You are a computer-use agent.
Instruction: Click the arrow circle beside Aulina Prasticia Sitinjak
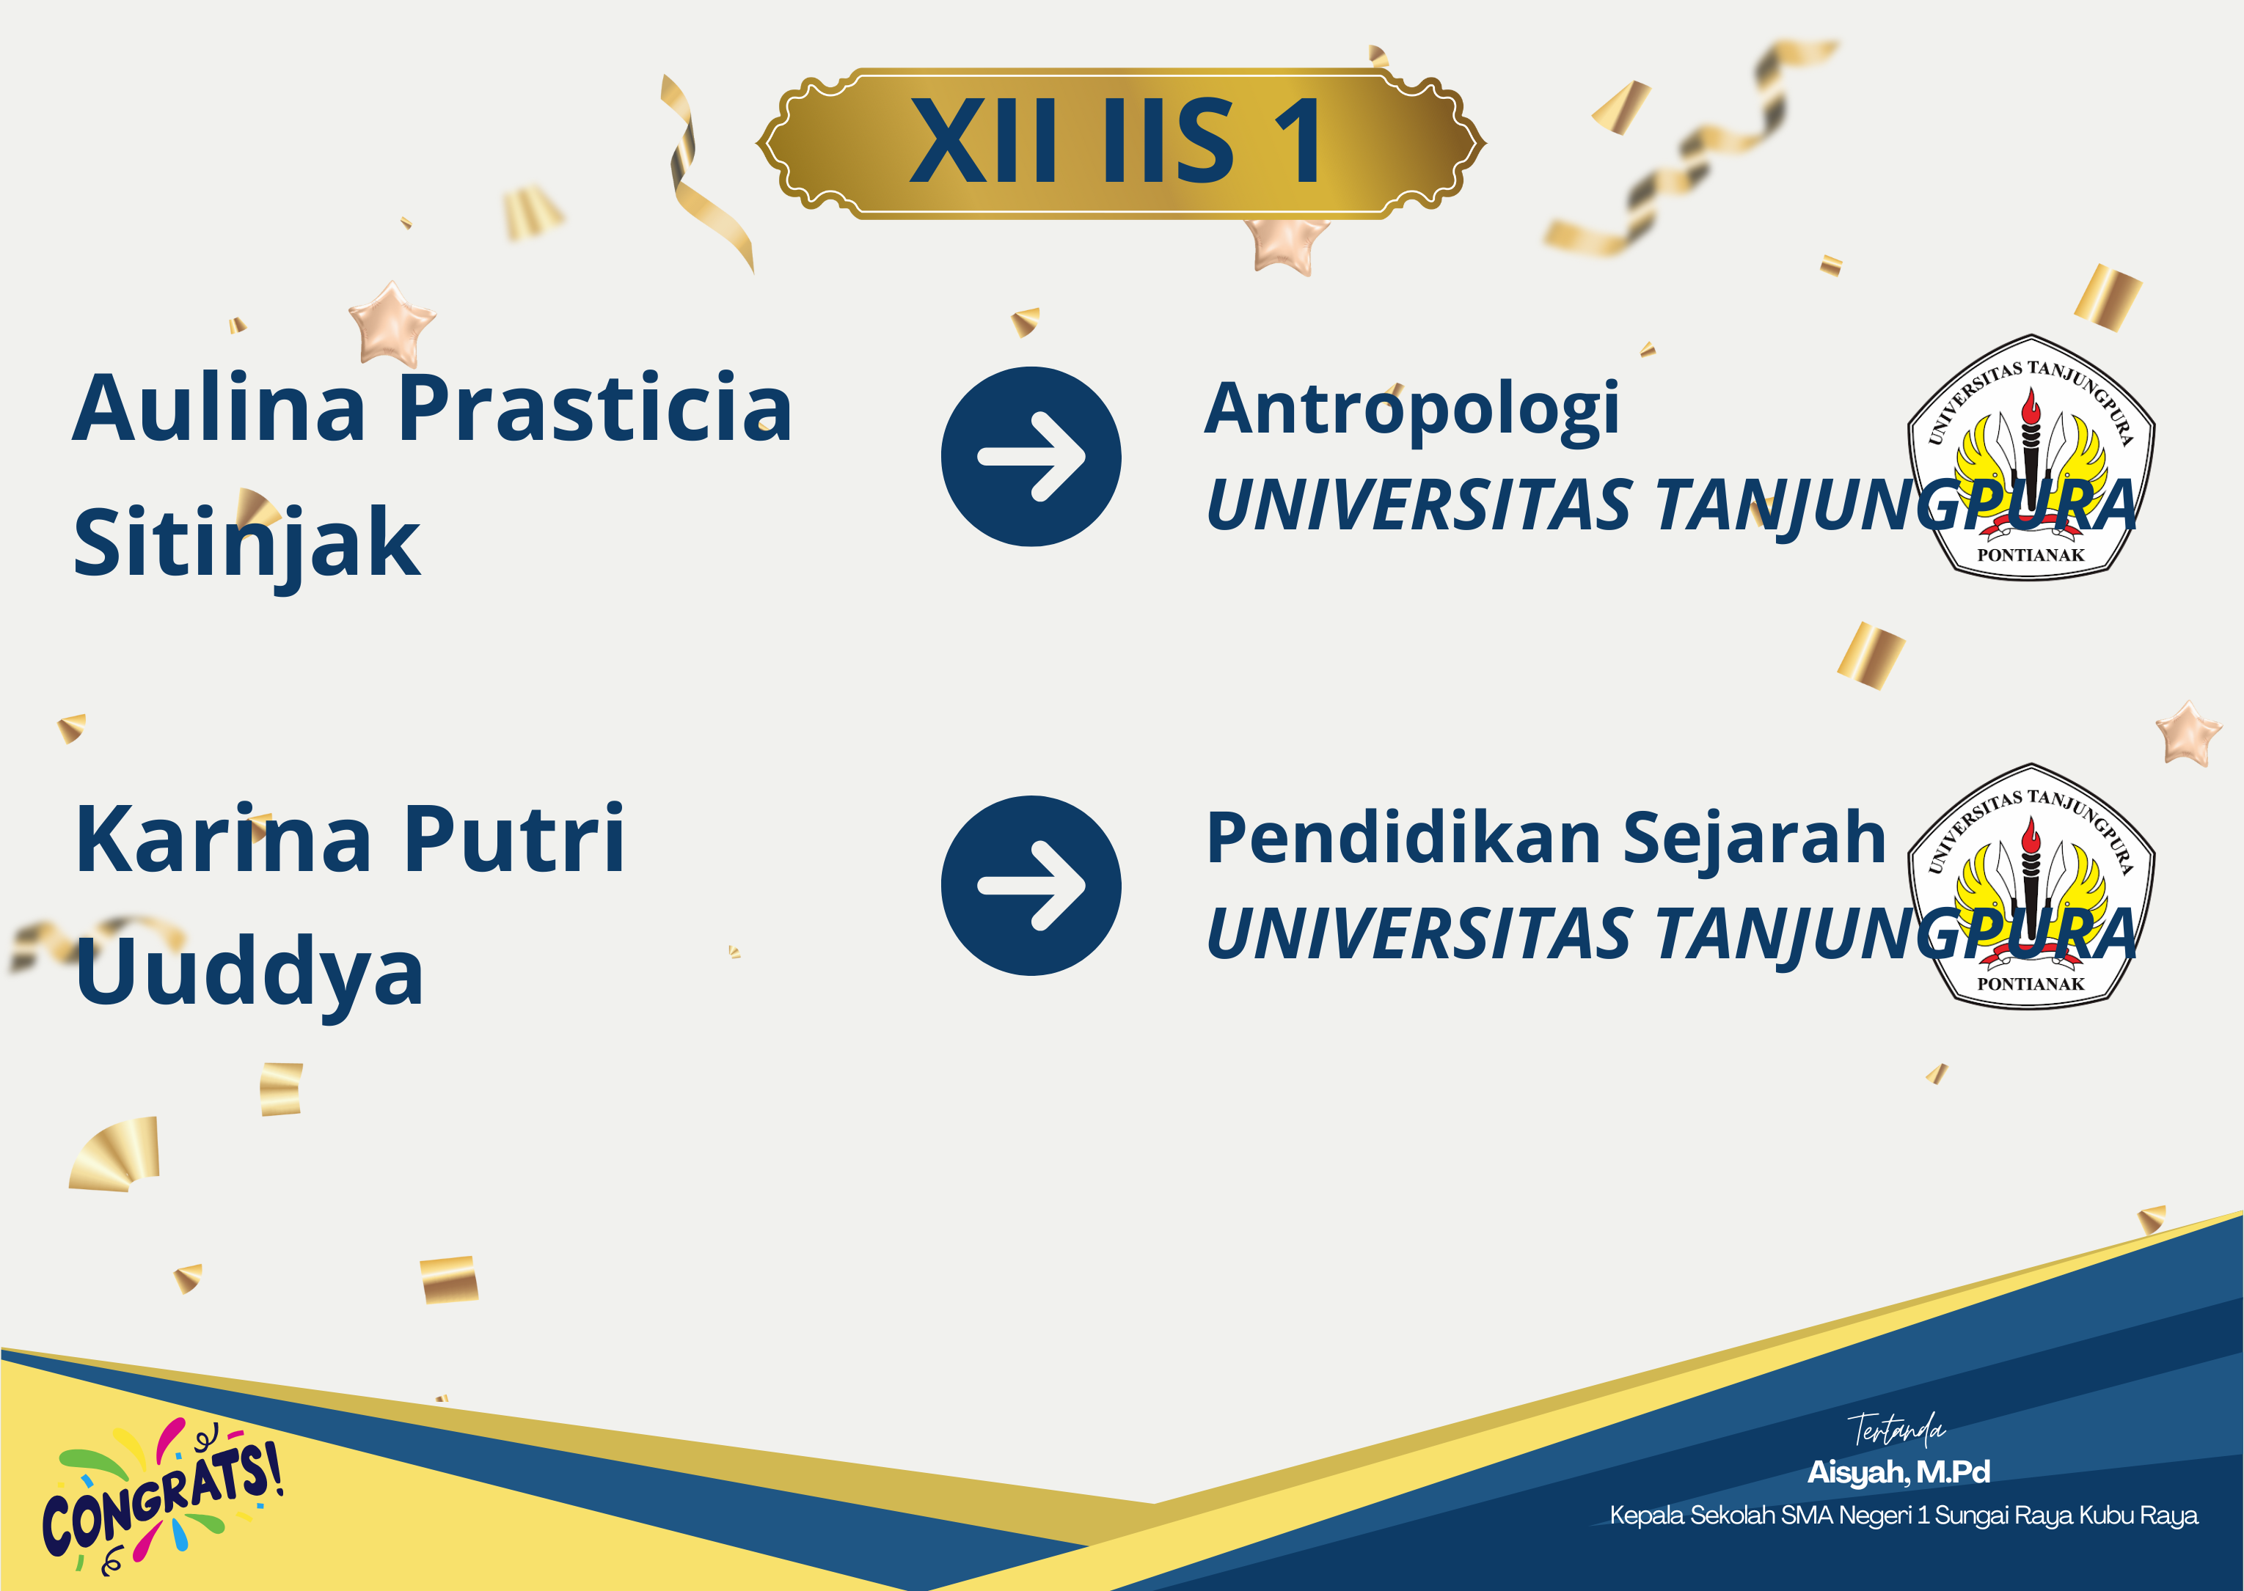[1031, 457]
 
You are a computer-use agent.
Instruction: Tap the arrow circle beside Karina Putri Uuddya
[1031, 886]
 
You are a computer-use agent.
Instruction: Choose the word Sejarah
[1754, 839]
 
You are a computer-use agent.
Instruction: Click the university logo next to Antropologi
[2031, 458]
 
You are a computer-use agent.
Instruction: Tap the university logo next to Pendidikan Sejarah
[2031, 886]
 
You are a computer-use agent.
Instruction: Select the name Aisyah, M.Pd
[1898, 1472]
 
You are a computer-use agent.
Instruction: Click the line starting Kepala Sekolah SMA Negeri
[1903, 1515]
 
